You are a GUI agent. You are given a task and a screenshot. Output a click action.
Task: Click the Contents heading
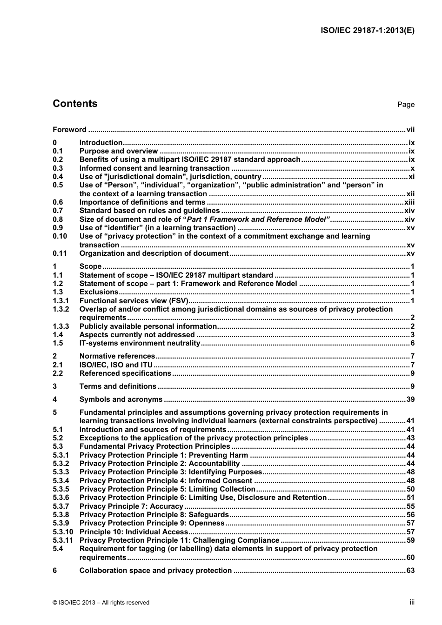75,104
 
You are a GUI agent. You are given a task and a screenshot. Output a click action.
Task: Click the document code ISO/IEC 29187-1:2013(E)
368,31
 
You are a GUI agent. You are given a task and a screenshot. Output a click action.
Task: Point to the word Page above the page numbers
406,105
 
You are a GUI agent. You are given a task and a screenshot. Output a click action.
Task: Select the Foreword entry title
69,130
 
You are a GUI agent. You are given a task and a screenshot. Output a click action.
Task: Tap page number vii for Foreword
410,130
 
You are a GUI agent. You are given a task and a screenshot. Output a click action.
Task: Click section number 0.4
58,177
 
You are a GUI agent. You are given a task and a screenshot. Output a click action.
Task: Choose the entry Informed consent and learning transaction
154,168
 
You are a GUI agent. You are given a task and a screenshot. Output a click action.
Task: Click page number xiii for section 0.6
409,202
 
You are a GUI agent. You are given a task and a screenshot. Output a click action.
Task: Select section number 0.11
60,253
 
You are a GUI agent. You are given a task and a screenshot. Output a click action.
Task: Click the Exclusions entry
99,292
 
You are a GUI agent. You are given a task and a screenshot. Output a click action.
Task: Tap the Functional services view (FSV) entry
134,301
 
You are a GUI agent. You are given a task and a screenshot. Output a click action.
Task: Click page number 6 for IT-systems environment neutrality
412,344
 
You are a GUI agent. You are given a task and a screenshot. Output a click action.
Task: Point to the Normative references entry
117,356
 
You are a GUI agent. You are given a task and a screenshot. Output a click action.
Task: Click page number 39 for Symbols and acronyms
410,399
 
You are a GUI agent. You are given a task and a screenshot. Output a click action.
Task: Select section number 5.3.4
60,481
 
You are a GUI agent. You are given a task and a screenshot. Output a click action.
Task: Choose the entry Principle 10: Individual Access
134,532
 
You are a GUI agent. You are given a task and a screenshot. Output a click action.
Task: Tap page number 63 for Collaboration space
410,571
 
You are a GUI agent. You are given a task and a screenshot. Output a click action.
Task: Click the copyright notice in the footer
101,603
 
